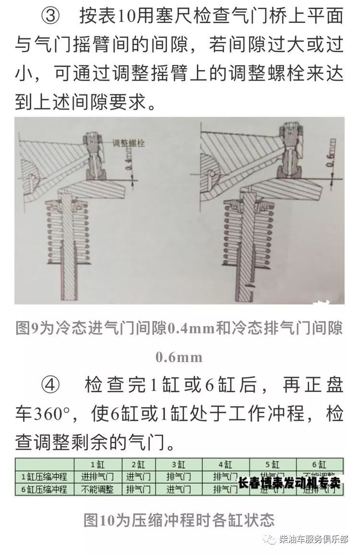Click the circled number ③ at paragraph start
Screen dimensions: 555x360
50,17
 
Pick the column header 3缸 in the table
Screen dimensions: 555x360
179,464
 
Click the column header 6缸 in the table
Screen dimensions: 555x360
319,464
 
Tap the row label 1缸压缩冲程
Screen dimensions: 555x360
44,477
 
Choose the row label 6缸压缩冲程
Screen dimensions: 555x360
44,489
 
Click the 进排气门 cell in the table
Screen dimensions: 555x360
98,477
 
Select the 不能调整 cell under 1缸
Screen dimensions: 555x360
98,489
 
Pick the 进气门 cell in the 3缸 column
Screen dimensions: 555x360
179,489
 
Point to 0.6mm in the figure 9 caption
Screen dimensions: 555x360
179,357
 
